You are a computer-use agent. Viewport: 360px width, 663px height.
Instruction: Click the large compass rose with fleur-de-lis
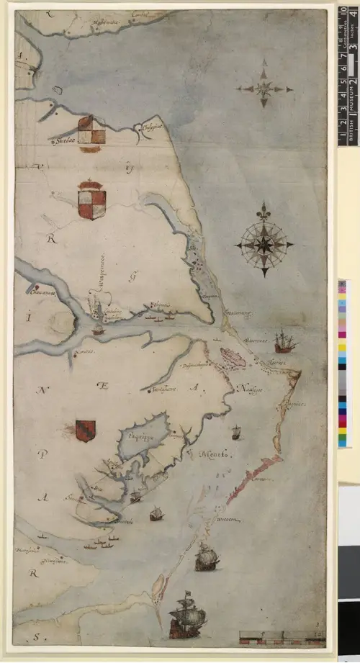[264, 243]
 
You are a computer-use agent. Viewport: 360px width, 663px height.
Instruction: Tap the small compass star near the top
[264, 89]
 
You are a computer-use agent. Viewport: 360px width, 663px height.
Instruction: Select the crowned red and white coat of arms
[91, 199]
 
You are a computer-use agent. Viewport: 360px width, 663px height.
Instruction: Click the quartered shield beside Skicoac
[91, 132]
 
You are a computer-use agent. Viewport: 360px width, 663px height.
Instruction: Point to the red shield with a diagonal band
[85, 430]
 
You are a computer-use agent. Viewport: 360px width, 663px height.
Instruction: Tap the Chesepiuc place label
[150, 129]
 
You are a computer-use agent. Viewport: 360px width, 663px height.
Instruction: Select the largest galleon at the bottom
[187, 615]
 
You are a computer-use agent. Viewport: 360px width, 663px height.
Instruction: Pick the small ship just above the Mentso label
[235, 432]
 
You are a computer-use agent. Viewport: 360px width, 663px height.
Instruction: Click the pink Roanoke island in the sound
[233, 356]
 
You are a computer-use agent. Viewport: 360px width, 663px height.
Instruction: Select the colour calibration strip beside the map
[342, 364]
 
